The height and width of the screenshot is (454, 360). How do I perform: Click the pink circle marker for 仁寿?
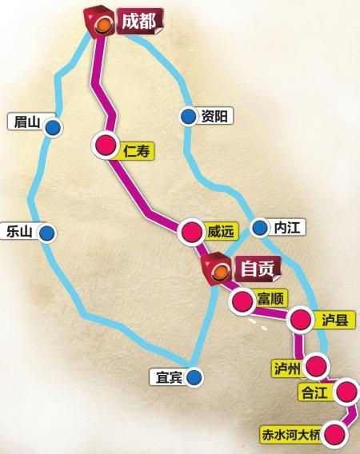click(106, 145)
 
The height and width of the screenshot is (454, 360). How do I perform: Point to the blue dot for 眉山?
click(52, 126)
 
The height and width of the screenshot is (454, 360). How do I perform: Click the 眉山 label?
click(22, 122)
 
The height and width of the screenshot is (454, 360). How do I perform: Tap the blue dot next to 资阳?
click(187, 117)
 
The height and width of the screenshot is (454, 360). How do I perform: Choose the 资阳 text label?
click(215, 117)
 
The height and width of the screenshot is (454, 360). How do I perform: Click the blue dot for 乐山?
click(49, 233)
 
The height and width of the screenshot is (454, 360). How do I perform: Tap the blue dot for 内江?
click(259, 229)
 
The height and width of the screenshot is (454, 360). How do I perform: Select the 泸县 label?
click(328, 318)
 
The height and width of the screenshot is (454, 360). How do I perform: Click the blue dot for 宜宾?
click(196, 375)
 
